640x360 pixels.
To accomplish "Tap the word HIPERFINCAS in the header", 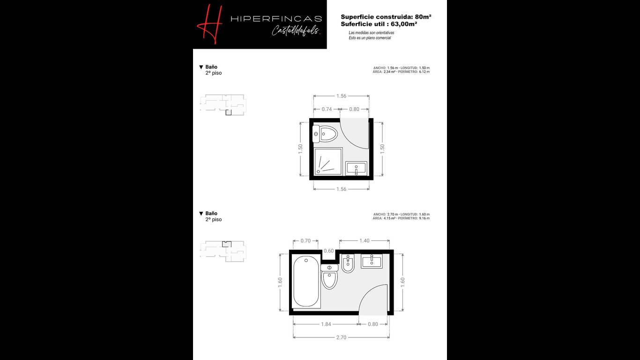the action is [276, 19].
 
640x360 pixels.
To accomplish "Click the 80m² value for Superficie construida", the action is [423, 16].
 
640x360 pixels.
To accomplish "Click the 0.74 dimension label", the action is [327, 109].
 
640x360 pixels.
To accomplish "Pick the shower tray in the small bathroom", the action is [328, 161].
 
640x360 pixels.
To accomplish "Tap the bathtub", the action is [306, 281].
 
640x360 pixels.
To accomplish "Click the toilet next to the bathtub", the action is [329, 277].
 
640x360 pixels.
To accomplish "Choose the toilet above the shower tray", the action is [325, 134].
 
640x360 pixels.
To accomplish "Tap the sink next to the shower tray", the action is [356, 169].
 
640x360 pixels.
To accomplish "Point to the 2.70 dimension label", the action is [341, 337].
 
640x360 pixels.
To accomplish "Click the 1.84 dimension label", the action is [326, 324].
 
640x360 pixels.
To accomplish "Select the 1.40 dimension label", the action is [365, 241].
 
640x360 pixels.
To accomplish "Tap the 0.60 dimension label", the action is [328, 251].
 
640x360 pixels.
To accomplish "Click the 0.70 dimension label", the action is [305, 241].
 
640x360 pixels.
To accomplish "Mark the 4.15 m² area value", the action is [389, 218].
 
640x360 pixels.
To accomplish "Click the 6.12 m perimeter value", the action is [424, 72].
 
